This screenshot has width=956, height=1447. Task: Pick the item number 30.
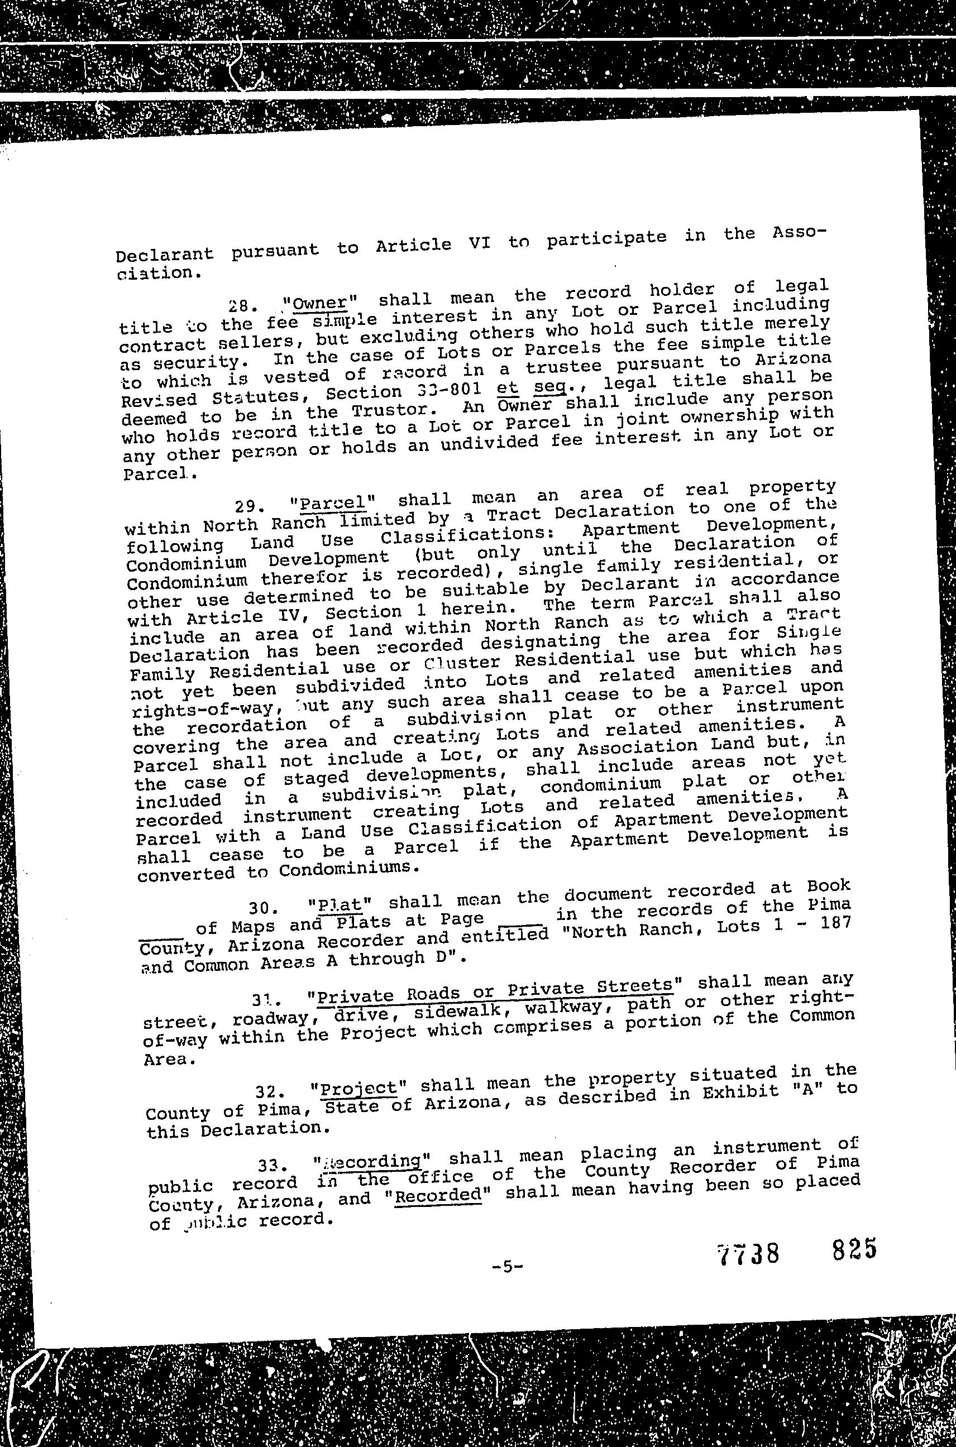(264, 909)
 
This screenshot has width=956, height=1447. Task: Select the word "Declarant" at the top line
(165, 253)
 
